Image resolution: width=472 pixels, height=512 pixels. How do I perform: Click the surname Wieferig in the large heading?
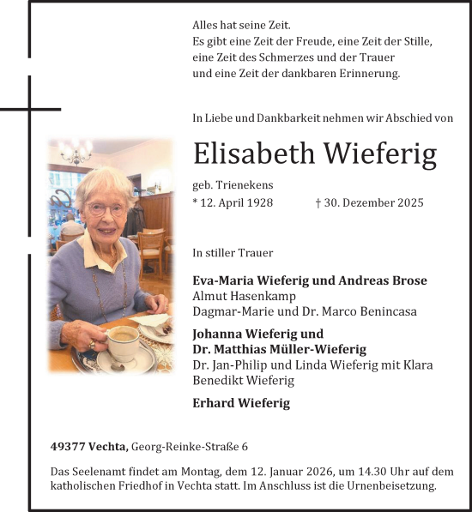379,154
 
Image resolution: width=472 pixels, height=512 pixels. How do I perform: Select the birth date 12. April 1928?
233,202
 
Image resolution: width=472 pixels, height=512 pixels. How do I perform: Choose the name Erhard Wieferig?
241,403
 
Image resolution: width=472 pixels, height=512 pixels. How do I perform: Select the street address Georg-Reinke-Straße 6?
190,447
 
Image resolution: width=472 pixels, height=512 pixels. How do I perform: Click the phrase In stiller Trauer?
233,253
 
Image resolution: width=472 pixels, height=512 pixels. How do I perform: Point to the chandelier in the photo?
76,154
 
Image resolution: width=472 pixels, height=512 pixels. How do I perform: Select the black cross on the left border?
29,110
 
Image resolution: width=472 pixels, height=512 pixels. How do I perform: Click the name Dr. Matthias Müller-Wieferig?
279,349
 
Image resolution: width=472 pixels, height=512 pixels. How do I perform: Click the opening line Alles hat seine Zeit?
242,26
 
